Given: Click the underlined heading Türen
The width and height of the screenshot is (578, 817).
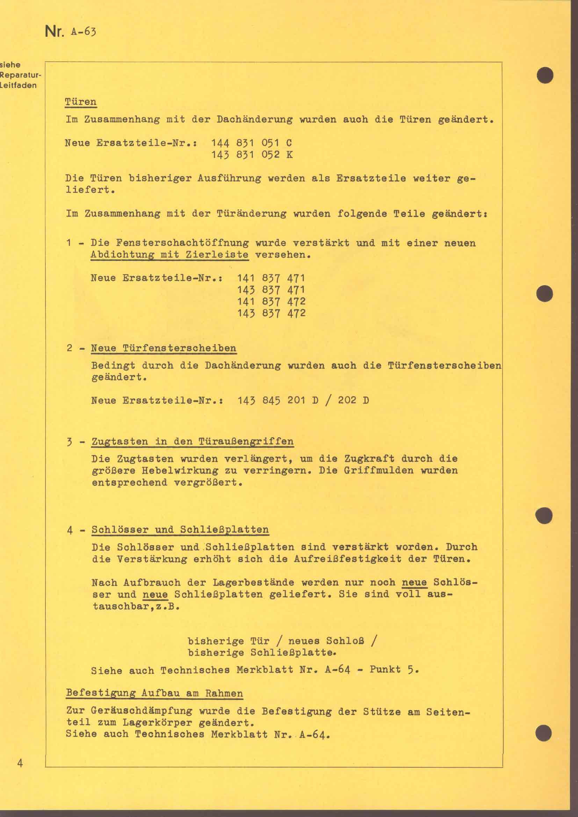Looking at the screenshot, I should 81,102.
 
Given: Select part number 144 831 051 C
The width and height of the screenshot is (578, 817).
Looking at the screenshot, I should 252,143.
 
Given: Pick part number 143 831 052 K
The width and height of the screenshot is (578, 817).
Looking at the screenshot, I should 252,155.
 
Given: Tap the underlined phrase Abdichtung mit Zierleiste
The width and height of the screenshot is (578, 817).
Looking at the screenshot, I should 169,255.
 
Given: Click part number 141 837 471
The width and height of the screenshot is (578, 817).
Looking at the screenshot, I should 271,278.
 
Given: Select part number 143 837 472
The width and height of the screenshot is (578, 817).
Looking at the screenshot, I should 271,313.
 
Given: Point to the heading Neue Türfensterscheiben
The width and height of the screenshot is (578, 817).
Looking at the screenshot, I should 164,348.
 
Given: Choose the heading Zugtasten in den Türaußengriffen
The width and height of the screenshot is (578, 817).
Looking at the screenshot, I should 193,442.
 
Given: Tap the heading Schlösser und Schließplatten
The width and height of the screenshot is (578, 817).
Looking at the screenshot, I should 180,530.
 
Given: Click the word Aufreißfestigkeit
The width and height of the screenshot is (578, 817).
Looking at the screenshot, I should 348,559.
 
